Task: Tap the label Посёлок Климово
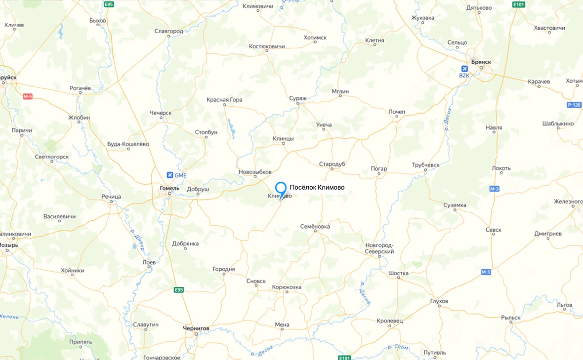(x=317, y=187)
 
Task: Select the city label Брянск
(x=481, y=62)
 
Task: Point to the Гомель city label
(x=169, y=188)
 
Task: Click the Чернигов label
(x=196, y=328)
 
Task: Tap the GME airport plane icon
(x=170, y=175)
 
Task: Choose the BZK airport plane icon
(x=464, y=69)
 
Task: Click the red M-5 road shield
(x=27, y=96)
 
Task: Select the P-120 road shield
(x=574, y=105)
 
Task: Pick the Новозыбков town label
(x=255, y=171)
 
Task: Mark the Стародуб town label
(x=332, y=163)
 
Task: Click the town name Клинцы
(x=283, y=139)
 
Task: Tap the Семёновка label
(x=315, y=226)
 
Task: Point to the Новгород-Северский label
(x=379, y=248)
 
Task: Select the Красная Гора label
(x=224, y=100)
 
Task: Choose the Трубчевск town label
(x=426, y=165)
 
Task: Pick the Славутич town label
(x=146, y=324)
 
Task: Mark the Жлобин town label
(x=79, y=118)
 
